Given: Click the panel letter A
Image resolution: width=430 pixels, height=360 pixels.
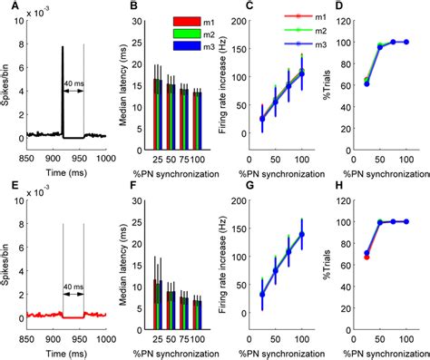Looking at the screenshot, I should point(9,7).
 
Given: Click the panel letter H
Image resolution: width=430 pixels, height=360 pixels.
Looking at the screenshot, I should point(333,184).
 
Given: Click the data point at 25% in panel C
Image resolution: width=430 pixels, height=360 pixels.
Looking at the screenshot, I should point(262,119).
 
